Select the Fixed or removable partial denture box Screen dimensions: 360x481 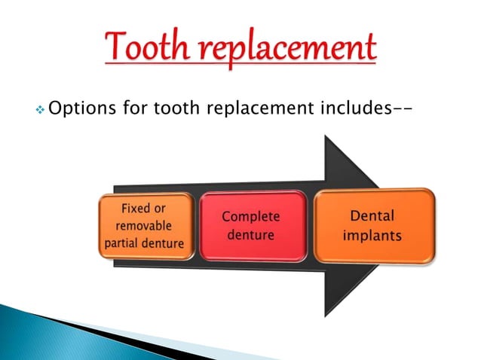tap(143, 225)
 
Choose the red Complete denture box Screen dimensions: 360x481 tap(252, 226)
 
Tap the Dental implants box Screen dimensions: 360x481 tap(373, 225)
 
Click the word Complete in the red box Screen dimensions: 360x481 tap(251, 217)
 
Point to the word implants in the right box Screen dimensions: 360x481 tap(372, 235)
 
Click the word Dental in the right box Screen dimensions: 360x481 tap(373, 215)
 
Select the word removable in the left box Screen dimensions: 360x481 tap(143, 225)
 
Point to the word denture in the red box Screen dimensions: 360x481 tap(252, 236)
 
